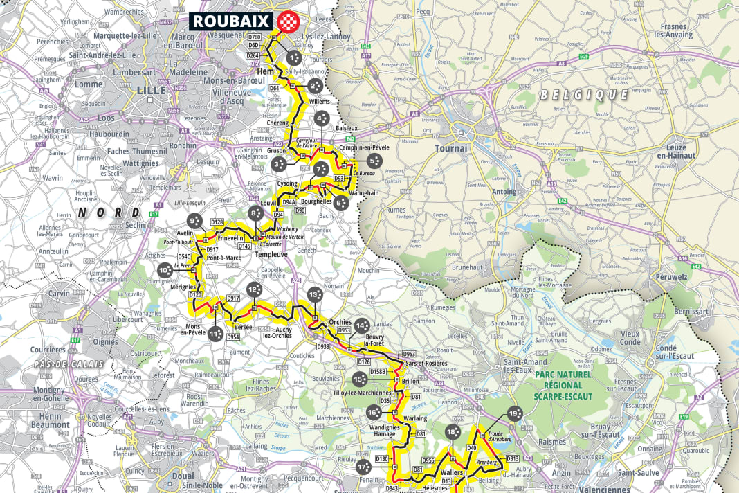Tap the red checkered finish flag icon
click(286, 21)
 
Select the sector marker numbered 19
click(514, 413)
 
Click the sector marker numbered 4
click(322, 119)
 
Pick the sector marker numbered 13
click(315, 294)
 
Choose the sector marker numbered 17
click(365, 467)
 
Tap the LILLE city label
click(152, 90)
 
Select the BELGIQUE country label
click(584, 93)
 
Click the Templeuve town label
click(275, 254)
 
